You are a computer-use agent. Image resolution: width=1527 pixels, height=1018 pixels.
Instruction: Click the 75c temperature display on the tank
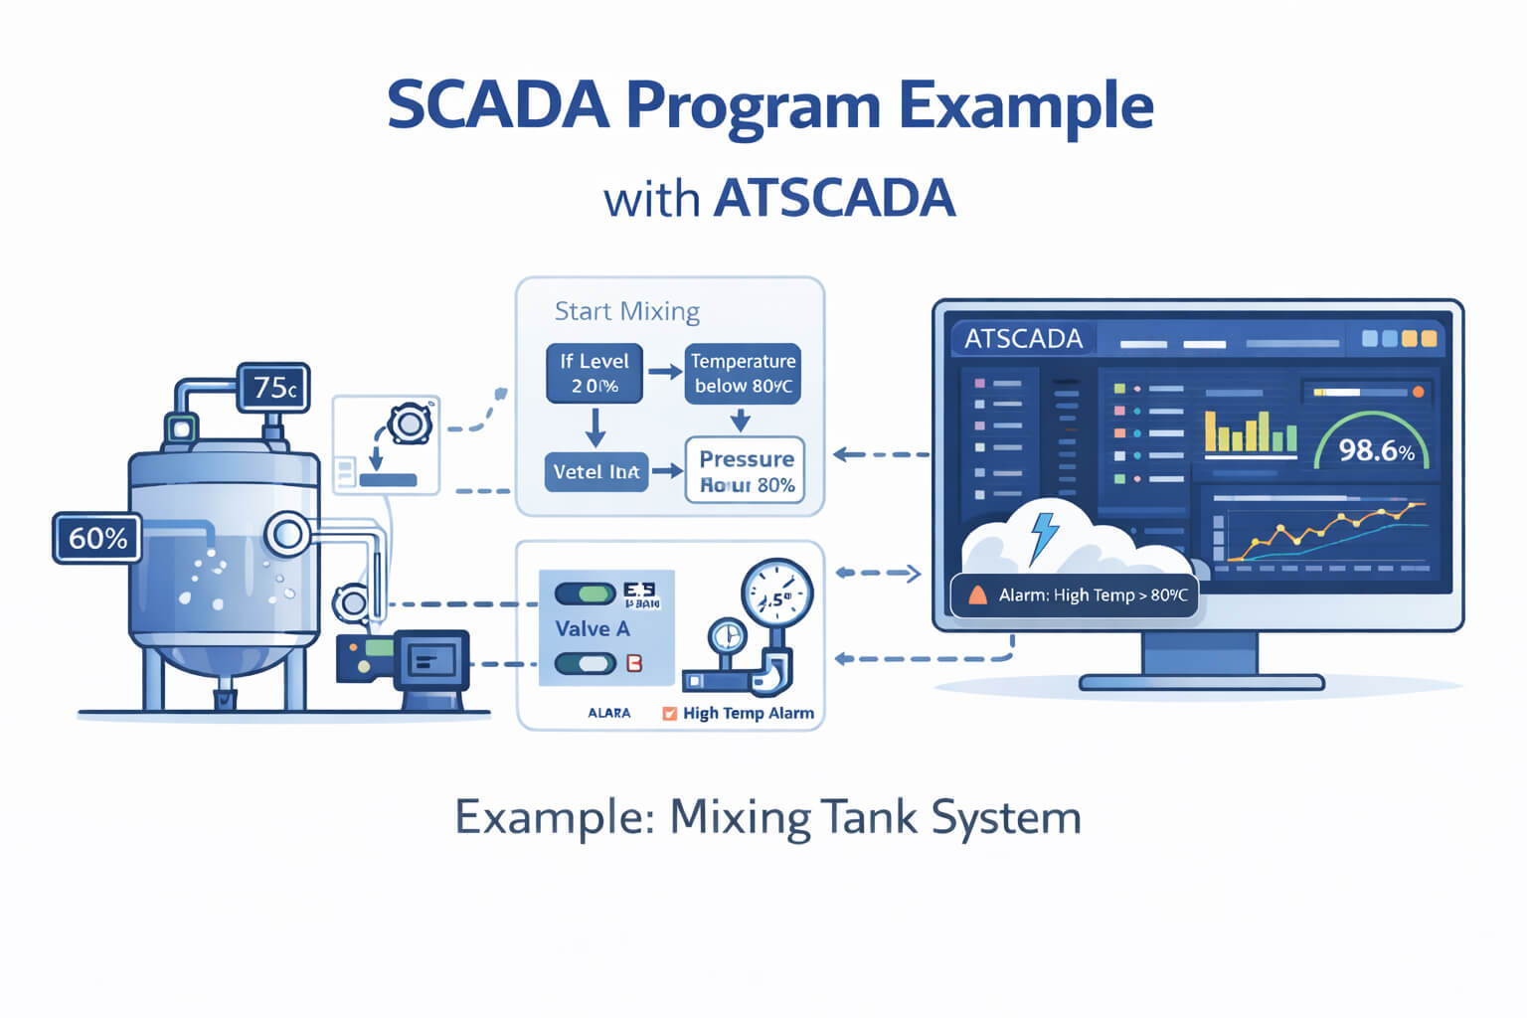point(273,388)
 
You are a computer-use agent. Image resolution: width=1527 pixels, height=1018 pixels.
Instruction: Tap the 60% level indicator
point(96,538)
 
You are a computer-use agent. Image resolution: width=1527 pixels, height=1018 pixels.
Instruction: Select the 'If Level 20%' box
point(594,373)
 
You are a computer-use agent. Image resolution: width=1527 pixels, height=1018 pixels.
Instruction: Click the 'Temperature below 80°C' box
point(743,373)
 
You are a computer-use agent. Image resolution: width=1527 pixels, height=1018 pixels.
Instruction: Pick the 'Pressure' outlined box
point(746,470)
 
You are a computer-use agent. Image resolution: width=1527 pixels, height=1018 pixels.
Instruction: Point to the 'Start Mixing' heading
point(626,311)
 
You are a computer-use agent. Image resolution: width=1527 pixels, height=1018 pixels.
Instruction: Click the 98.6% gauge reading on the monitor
point(1376,450)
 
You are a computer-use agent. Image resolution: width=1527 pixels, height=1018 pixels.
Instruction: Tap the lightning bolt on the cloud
point(1044,536)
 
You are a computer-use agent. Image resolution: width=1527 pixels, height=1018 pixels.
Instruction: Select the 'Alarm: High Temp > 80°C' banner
point(1075,595)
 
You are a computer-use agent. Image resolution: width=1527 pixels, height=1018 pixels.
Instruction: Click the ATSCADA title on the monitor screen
point(1023,339)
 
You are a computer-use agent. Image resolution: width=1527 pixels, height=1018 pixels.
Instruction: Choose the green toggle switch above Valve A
point(585,594)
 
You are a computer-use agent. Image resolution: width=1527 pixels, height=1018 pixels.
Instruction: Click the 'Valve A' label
point(593,628)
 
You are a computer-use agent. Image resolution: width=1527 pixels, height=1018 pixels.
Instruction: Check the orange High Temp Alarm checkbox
point(669,713)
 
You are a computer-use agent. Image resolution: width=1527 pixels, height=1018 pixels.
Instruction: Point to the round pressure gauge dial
point(776,596)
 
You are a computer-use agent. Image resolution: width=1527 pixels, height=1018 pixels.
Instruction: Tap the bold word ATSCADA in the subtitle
point(834,198)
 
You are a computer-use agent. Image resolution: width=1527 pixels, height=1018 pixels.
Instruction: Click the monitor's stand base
point(1201,682)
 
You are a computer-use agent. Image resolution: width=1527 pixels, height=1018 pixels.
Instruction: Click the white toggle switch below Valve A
point(585,663)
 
